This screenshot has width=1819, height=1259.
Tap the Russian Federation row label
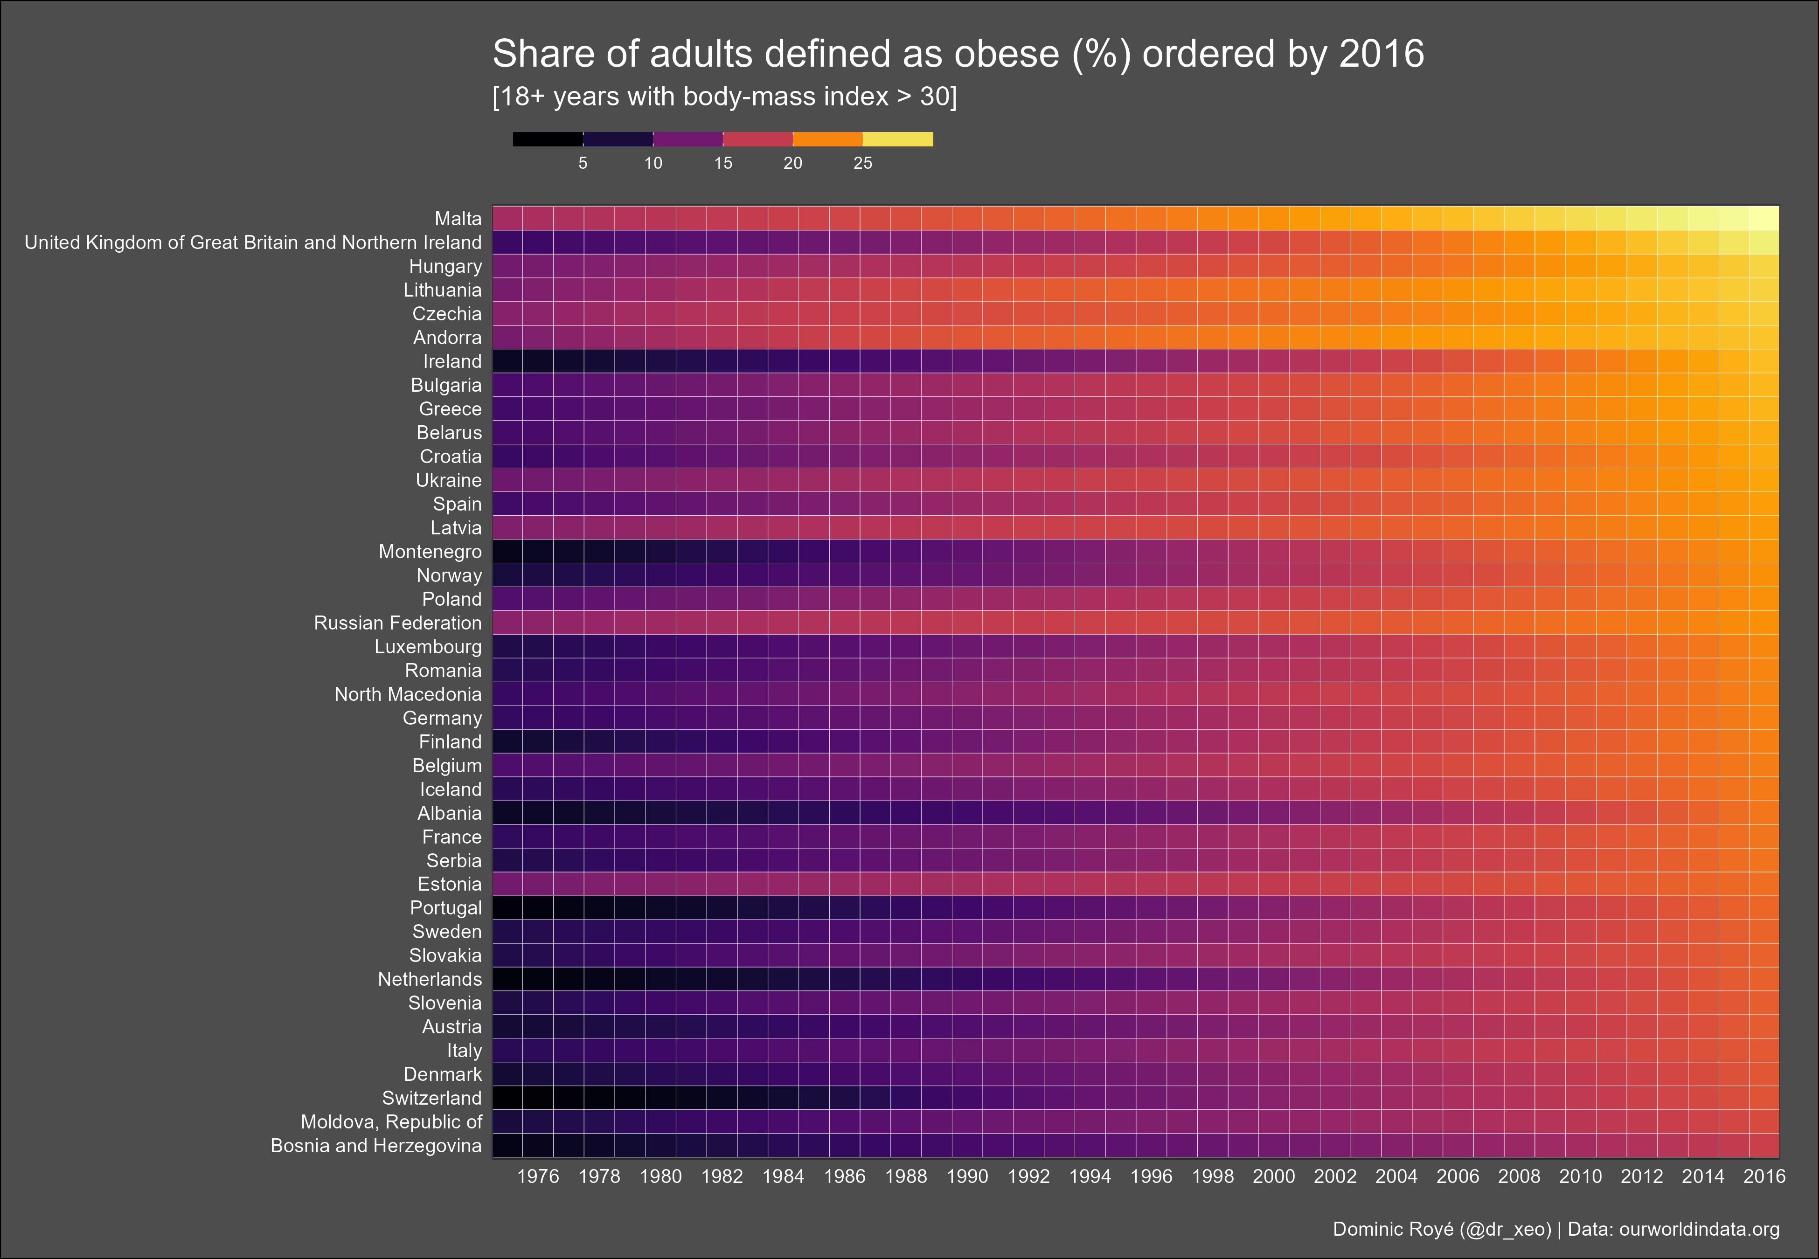[397, 623]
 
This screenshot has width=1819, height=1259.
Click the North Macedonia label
[408, 694]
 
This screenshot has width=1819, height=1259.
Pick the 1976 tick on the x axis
[538, 1176]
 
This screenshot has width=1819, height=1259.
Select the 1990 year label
[967, 1176]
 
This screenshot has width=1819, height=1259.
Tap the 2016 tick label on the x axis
[1764, 1176]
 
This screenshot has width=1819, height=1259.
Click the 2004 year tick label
[1396, 1176]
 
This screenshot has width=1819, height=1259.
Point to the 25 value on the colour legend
[863, 163]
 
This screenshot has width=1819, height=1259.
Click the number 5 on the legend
[583, 163]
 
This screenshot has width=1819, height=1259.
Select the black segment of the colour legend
[548, 139]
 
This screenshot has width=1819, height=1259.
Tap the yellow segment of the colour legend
[898, 139]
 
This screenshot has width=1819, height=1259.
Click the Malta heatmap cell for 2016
[1764, 219]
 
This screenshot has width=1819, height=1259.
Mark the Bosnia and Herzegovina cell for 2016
[1764, 1145]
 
